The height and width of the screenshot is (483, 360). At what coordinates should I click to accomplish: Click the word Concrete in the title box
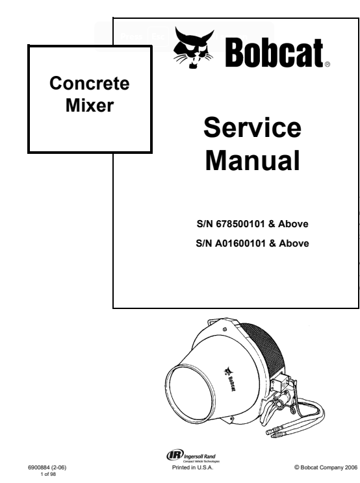(90, 83)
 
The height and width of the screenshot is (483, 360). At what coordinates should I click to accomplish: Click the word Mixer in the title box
(90, 105)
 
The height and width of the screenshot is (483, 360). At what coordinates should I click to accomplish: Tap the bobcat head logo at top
(194, 47)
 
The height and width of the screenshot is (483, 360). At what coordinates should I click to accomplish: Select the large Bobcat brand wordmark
(274, 53)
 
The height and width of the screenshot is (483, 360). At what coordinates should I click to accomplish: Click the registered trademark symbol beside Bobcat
(328, 64)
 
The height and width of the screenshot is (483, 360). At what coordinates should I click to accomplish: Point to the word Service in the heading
(252, 127)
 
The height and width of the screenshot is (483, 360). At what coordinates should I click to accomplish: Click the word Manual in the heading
(252, 160)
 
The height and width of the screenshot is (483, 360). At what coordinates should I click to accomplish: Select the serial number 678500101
(240, 223)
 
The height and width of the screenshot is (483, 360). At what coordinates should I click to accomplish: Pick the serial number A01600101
(240, 243)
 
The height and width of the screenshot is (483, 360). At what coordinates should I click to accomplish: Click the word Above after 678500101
(293, 223)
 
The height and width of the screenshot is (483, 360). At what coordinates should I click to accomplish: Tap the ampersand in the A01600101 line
(272, 243)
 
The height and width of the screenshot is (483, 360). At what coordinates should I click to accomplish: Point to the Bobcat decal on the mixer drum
(229, 378)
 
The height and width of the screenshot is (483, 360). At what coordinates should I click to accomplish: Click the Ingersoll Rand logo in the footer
(193, 456)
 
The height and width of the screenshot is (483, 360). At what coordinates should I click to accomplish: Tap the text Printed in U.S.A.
(192, 467)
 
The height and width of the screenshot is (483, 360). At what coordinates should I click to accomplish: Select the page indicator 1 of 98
(48, 474)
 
